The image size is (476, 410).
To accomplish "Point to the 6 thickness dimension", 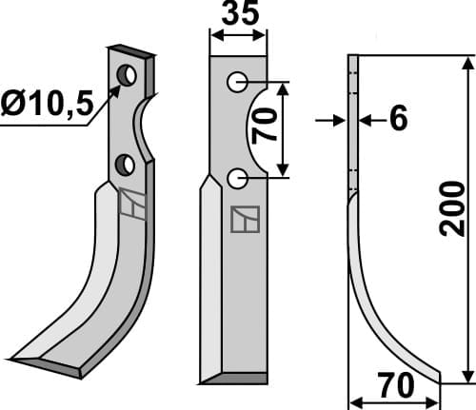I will click(x=398, y=119).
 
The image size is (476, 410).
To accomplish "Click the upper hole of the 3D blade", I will click(x=126, y=74).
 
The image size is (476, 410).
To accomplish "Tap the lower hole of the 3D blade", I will click(x=125, y=166).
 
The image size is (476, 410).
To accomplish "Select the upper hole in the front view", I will click(x=236, y=83).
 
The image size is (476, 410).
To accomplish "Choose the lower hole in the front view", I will click(x=237, y=177).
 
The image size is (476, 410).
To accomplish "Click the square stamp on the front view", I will click(x=244, y=220).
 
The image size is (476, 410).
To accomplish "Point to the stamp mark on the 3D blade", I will click(x=132, y=204).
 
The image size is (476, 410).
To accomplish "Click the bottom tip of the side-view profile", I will click(x=438, y=380).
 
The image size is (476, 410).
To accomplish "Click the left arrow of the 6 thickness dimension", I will click(x=339, y=119).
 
